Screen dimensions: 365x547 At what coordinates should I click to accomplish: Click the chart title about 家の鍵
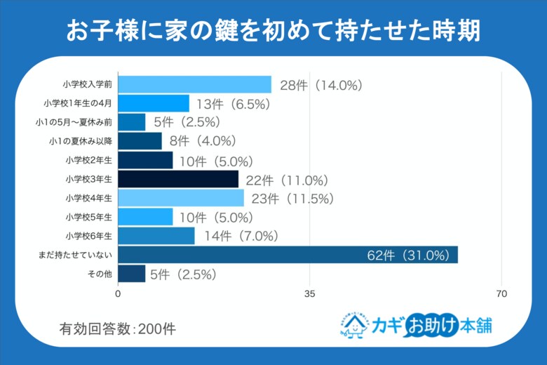coord(273,30)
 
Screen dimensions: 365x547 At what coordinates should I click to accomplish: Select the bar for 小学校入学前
coord(194,84)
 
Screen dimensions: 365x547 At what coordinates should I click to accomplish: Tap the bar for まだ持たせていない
coord(288,254)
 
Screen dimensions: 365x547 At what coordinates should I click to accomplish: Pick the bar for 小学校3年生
coord(178,179)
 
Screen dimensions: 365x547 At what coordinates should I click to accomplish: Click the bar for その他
coord(131,273)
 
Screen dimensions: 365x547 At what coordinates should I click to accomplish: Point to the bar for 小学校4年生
coord(181,198)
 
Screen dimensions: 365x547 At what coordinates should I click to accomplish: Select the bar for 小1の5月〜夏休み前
coord(131,122)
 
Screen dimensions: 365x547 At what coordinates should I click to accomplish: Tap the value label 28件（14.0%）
coord(320,85)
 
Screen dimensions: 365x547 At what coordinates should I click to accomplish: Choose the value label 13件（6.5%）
coord(233,104)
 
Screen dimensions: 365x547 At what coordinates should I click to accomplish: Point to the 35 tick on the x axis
coord(309,293)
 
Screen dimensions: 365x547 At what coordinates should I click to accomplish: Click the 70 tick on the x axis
coord(501,293)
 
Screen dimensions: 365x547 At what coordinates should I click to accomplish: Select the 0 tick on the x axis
coord(118,293)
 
